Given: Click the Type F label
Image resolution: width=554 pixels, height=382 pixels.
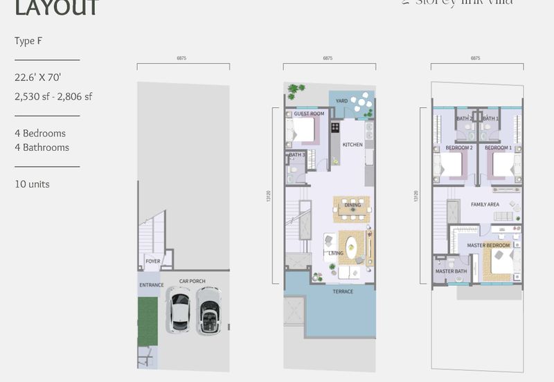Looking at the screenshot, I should click(28, 41).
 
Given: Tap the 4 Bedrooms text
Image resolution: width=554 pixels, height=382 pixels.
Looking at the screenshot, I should click(40, 133).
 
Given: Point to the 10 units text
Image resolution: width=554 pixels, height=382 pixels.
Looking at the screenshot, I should click(32, 184).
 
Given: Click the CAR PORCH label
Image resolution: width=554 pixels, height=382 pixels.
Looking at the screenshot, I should click(192, 281).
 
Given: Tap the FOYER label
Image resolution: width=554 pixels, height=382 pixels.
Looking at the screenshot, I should click(152, 261).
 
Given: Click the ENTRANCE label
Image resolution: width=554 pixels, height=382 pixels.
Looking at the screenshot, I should click(152, 285).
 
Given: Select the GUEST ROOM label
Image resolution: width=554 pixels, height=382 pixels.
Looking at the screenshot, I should click(309, 113).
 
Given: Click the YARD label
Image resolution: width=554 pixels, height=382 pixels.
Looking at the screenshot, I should click(341, 101).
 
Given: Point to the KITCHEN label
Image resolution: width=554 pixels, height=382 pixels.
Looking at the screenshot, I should click(352, 145).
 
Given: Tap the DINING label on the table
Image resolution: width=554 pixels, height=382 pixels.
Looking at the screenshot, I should click(352, 206).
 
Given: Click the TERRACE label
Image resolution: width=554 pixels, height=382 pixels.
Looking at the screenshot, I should click(343, 291).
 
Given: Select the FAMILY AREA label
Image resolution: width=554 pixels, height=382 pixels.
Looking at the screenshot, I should click(485, 205).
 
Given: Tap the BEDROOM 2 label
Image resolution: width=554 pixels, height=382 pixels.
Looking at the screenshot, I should click(458, 148).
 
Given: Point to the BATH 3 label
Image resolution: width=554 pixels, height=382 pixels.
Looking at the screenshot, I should click(296, 154).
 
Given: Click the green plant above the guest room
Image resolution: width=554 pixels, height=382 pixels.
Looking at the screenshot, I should click(296, 90).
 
